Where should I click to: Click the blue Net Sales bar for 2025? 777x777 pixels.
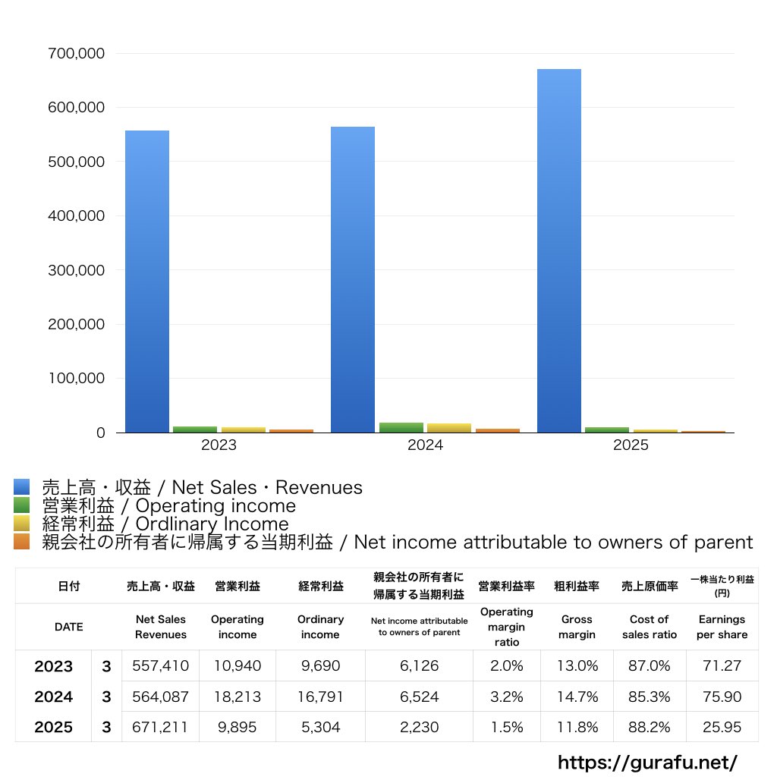(x=559, y=250)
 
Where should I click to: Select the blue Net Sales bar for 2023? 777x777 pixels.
(x=147, y=281)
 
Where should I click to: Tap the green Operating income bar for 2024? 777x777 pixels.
(x=401, y=427)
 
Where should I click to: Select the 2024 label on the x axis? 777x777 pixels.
(x=425, y=445)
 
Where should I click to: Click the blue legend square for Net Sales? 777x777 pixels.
(x=21, y=487)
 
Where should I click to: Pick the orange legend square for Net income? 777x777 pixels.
(x=21, y=542)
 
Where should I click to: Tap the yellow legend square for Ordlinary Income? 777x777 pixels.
(x=21, y=524)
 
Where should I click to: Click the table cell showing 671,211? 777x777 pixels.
(x=160, y=727)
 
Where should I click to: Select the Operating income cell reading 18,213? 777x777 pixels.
(x=237, y=697)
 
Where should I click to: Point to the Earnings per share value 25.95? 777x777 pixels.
(x=722, y=727)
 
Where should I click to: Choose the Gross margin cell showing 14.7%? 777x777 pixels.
(x=577, y=697)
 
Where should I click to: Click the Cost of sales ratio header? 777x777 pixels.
(x=649, y=627)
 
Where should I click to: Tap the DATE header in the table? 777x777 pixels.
(x=68, y=627)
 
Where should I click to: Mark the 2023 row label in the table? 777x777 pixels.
(x=53, y=666)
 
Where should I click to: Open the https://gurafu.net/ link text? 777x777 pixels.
(x=647, y=762)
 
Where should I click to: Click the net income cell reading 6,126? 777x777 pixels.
(x=419, y=666)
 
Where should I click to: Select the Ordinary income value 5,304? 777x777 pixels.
(x=320, y=727)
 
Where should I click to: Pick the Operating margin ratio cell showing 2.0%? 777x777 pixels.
(x=506, y=666)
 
